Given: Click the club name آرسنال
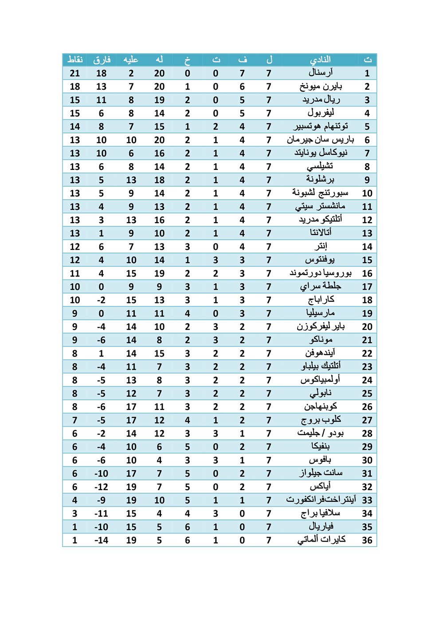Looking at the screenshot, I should coord(320,73).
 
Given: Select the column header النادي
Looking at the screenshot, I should coord(320,59).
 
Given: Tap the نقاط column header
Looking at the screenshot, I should coord(75,59).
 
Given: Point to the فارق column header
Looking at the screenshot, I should coord(102,59).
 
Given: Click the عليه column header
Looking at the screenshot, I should coord(131,59).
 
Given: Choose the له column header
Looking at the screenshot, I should coord(159,59).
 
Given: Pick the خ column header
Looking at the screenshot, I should coord(188,59).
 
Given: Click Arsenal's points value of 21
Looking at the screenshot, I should coord(75,73).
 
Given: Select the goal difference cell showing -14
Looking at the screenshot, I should coord(102,540).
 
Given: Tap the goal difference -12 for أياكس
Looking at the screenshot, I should coord(102,487).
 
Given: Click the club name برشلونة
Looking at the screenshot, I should coord(320,180).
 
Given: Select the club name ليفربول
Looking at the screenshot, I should coord(321,113).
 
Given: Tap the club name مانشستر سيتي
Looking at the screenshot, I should coord(320,206).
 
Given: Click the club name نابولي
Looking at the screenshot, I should coord(320,393).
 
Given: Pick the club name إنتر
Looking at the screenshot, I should coord(320,246).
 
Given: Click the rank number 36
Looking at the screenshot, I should coord(367,540).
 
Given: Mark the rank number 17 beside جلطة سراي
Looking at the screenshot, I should coord(367,287).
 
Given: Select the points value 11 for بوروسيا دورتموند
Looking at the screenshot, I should coord(75,273).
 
